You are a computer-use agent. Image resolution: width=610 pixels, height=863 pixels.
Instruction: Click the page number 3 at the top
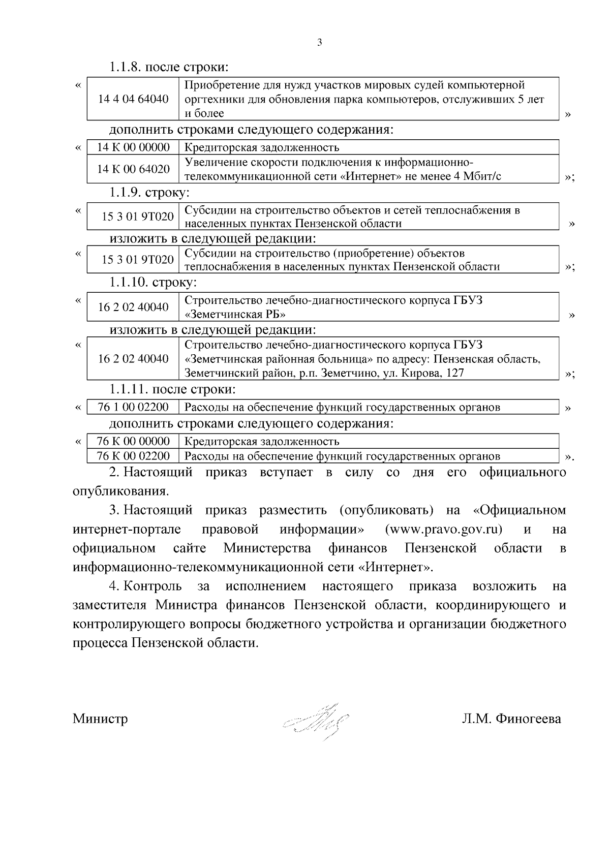point(319,43)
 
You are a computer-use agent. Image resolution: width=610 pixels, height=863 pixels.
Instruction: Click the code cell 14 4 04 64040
point(133,99)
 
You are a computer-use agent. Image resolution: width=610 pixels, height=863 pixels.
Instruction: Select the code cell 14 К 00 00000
point(133,147)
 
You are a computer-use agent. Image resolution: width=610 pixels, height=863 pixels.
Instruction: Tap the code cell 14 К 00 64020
point(133,169)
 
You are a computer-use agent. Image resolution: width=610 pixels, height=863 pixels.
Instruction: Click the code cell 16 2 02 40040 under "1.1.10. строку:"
point(133,307)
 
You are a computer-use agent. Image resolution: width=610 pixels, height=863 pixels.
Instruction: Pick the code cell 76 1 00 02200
point(133,407)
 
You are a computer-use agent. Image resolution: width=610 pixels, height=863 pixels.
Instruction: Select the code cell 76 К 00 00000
point(133,441)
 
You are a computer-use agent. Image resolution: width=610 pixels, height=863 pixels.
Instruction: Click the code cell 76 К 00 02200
point(133,456)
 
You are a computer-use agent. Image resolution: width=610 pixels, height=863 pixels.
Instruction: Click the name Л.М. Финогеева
point(511,719)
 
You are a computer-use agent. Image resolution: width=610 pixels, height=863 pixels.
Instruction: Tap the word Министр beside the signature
point(100,719)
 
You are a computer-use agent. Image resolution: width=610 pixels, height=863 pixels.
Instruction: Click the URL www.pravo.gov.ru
point(444,529)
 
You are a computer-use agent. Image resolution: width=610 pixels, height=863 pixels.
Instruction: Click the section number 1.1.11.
point(129,390)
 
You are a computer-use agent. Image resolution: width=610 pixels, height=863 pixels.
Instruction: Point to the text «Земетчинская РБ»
point(231,314)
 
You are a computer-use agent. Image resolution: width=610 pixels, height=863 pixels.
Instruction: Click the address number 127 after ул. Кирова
point(454,374)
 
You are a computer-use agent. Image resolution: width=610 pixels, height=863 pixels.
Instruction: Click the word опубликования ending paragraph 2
point(120,491)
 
